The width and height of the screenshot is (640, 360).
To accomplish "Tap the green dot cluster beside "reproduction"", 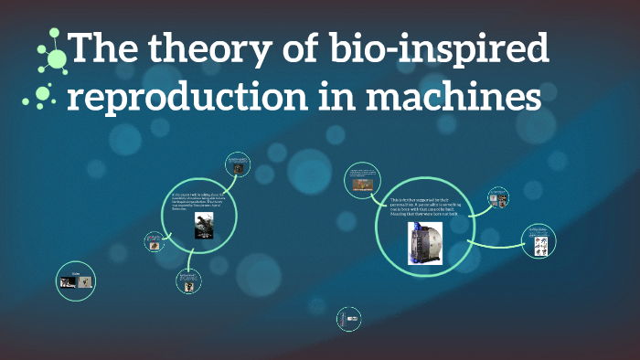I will click(x=44, y=95).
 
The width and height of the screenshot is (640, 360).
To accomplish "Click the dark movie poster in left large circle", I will click(x=202, y=227).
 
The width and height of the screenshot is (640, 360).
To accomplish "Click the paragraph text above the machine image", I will click(x=423, y=206).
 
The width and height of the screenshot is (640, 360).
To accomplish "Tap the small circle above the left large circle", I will click(x=238, y=165).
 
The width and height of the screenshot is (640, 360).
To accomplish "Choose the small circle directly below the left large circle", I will click(x=188, y=281).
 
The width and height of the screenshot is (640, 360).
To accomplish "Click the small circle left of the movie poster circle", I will click(x=154, y=242).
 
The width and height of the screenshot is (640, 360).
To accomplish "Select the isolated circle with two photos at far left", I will click(x=77, y=281).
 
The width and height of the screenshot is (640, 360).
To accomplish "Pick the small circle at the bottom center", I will click(x=347, y=319).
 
